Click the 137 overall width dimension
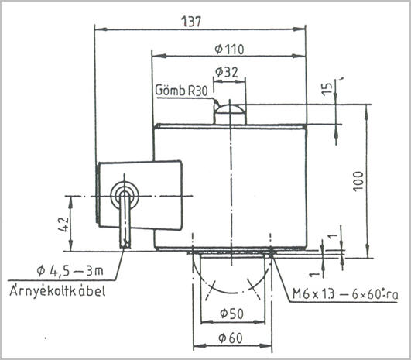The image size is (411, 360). point(191,22)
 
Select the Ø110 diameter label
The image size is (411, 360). point(229,50)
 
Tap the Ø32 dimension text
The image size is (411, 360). point(227,72)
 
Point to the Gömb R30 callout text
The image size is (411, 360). point(181,91)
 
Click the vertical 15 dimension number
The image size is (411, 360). point(327,89)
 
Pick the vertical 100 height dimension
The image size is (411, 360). point(358,181)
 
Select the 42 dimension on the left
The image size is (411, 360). point(63,225)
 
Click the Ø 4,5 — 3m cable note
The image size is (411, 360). point(70,271)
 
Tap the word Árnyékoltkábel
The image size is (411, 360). point(57,290)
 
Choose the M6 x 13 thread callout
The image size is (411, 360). point(345,294)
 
